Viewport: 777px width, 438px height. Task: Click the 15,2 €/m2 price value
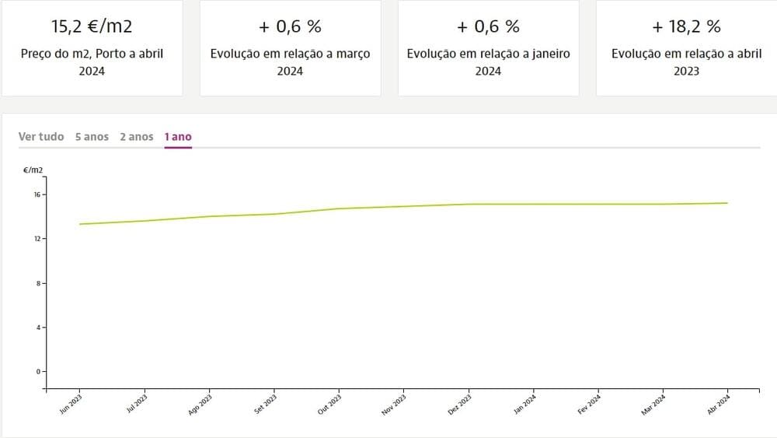[x=92, y=27]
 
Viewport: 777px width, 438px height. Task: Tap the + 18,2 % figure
[x=686, y=27]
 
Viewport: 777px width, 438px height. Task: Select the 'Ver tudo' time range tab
[x=41, y=137]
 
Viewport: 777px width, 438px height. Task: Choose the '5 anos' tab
[x=92, y=137]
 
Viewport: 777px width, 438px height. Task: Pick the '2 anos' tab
[x=137, y=137]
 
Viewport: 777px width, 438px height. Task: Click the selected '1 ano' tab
[x=178, y=137]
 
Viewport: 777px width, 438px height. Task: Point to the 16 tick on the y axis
[x=37, y=194]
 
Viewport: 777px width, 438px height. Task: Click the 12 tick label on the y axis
[x=37, y=239]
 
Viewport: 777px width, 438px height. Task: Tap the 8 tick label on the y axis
[x=38, y=283]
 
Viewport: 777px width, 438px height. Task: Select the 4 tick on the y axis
[x=38, y=328]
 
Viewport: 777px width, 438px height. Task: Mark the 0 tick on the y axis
[x=38, y=372]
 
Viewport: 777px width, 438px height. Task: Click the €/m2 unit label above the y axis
[x=33, y=168]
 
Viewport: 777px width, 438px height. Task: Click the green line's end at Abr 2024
[x=727, y=203]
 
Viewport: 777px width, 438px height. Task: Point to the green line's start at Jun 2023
[x=80, y=224]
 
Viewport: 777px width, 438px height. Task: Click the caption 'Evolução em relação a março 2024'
[x=290, y=62]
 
